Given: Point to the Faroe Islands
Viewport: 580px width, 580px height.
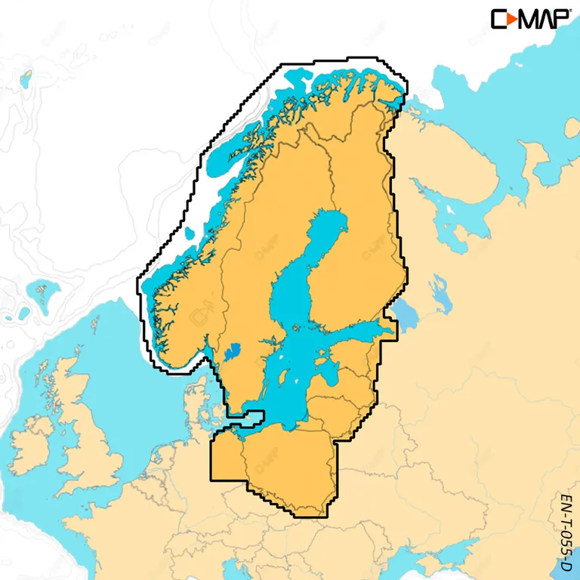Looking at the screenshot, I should click(42, 291).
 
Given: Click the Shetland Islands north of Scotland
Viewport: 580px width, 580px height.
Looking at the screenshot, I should click(96, 325).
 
